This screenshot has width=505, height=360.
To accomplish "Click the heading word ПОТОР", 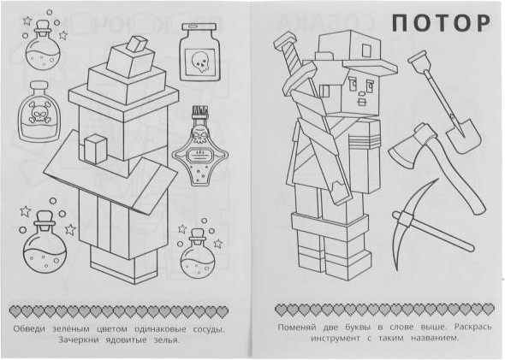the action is (441, 23).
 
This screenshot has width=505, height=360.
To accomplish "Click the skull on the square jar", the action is (200, 62).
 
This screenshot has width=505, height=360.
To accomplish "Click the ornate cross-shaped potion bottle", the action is (200, 146).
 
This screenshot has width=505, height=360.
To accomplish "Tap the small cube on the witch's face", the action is (95, 149).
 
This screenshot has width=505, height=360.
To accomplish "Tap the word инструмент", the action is (336, 338).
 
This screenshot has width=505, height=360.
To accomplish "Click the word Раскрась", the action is (473, 327).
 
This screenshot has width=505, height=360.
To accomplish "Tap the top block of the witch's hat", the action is (137, 44).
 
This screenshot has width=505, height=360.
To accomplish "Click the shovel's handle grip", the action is (417, 60).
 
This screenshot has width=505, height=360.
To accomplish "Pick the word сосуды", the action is (209, 329).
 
